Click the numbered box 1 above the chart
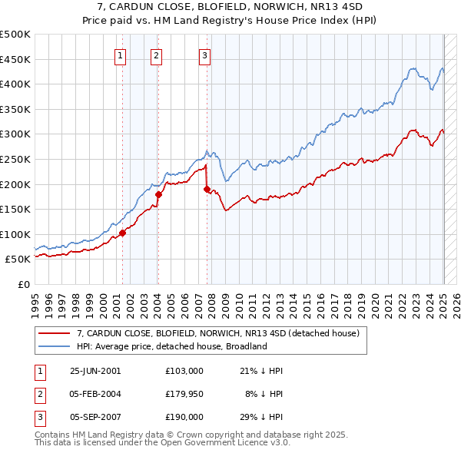(121, 55)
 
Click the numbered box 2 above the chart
(156, 55)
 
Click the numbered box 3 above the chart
(205, 55)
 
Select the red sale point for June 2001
(122, 233)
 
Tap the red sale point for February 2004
(158, 194)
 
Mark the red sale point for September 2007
(207, 189)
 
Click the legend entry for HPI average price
(171, 346)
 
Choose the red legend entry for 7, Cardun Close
(223, 333)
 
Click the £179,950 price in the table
(184, 394)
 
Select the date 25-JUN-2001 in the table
(95, 370)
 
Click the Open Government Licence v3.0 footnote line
(162, 443)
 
